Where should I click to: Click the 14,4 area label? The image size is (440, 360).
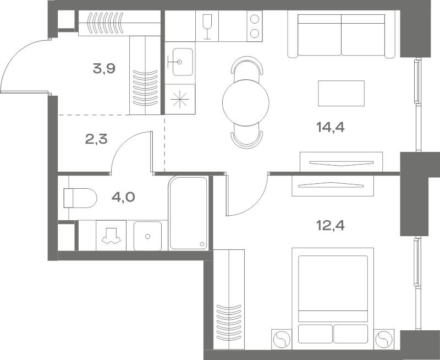coord(331,128)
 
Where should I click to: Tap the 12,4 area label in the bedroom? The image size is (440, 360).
coord(331,225)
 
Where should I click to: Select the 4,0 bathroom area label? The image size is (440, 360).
coord(123,197)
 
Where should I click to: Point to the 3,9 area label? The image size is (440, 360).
coord(104,68)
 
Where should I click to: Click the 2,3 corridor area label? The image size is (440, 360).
coord(96,139)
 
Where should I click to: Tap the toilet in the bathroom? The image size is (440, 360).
coord(80,198)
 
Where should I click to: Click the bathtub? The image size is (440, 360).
coord(189,213)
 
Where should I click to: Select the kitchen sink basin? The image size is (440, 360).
coord(183,62)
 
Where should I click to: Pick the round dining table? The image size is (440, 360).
coord(245,103)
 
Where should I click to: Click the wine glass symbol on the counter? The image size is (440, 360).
coord(207,26)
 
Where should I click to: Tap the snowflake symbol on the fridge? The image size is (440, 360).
coord(180,100)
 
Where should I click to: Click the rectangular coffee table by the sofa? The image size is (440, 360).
coord(341,93)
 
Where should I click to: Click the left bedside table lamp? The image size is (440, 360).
coord(282,339)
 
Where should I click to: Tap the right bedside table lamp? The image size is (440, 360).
coord(384,339)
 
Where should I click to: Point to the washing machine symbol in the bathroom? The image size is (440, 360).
coord(111,235)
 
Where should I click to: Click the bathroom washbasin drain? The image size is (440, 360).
coord(147,237)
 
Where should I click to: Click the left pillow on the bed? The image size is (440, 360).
coord(315,334)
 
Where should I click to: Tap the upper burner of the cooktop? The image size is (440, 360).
coord(255,19)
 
